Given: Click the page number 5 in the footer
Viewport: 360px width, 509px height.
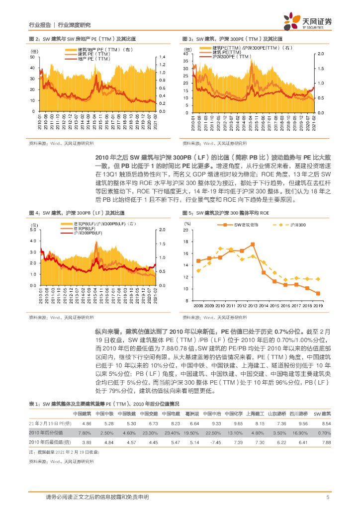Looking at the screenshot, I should click(x=328, y=497).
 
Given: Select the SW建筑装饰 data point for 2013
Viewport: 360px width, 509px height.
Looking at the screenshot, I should click(x=253, y=244).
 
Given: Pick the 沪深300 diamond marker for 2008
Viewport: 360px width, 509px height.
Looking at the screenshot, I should click(x=198, y=271).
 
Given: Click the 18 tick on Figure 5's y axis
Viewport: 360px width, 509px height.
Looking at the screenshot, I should click(x=186, y=242).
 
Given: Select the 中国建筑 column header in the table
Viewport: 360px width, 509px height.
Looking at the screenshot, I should click(x=82, y=414).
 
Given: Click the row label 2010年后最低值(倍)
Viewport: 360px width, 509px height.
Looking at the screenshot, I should click(x=50, y=442).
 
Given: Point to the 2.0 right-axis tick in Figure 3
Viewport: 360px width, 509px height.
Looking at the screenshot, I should click(x=321, y=53).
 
